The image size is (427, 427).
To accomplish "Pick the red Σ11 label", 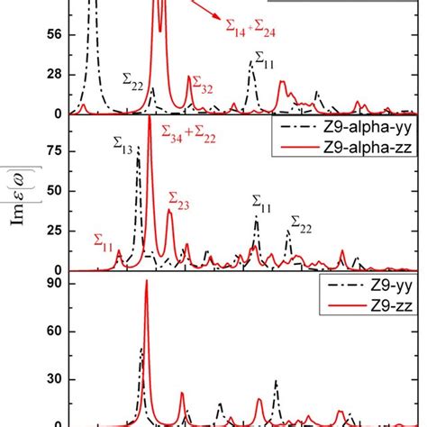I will [x=104, y=241].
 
